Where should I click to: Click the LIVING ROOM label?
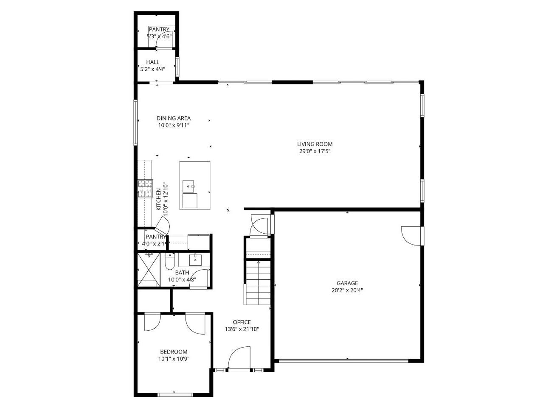pos(315,144)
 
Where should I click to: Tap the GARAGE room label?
pos(347,283)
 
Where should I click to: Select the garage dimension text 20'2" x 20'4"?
pos(347,290)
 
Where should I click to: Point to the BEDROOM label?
pos(174,351)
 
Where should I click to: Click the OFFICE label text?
pos(242,322)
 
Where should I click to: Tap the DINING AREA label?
pos(174,118)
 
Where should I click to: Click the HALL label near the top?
pos(153,62)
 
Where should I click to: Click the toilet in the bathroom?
pos(170,261)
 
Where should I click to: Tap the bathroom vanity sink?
pos(195,259)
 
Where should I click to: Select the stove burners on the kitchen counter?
pos(145,189)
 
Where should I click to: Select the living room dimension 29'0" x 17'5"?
pos(315,151)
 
